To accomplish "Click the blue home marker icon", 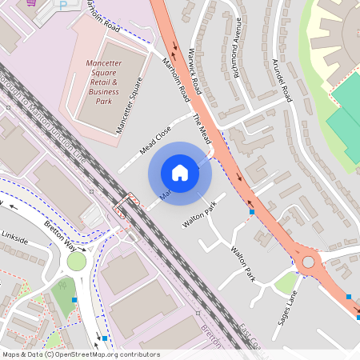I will [180, 172].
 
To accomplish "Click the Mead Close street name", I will [155, 139].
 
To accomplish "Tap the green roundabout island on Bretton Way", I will [77, 262].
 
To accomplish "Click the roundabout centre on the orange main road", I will [308, 261].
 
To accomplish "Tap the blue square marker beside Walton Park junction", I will [253, 213].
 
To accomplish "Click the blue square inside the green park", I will [74, 299].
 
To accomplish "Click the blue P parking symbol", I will [63, 4].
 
